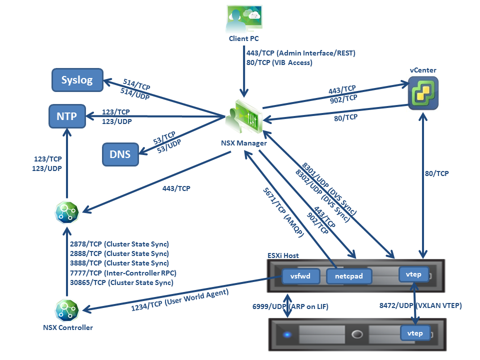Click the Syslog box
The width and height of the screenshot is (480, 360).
(x=77, y=80)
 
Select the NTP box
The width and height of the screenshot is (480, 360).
(x=66, y=116)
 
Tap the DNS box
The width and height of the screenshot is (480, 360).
(x=120, y=154)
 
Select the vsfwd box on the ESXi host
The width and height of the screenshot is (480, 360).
(x=300, y=275)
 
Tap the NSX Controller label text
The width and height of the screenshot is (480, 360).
(x=67, y=328)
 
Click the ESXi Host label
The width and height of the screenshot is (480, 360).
(x=283, y=255)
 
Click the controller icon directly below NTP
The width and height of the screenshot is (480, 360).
(x=67, y=212)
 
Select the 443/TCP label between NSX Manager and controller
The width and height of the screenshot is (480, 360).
(x=176, y=188)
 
